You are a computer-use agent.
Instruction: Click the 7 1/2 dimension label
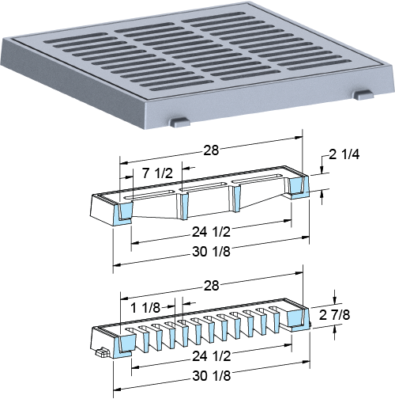[x=157, y=173]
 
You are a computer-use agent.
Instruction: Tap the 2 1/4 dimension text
[x=344, y=154]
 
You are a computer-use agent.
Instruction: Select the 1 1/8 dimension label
[x=145, y=308]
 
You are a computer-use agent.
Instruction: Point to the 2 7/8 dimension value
[x=334, y=315]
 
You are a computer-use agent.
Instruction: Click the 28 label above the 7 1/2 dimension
[x=211, y=150]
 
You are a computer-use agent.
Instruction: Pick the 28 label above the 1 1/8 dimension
[x=211, y=286]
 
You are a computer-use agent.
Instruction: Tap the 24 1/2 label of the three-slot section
[x=211, y=232]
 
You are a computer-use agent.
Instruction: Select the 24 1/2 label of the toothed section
[x=212, y=356]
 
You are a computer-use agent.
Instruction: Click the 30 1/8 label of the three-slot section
[x=211, y=252]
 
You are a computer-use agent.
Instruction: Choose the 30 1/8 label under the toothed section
[x=212, y=376]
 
